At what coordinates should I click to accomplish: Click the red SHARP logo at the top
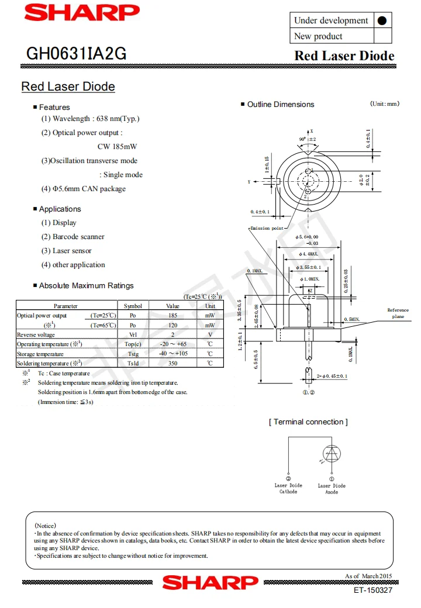pos(82,12)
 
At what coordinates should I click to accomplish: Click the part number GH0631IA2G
pos(76,54)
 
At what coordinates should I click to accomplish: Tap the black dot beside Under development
pos(382,20)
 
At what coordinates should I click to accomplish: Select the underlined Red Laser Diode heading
pos(68,87)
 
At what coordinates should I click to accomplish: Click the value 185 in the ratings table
pos(172,316)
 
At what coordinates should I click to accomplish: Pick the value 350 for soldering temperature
pos(172,363)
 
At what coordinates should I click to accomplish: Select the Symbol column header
pos(133,306)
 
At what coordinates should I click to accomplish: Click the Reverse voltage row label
pos(36,334)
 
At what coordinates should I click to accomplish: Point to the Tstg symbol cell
pos(133,354)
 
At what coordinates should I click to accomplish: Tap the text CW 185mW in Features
pos(117,147)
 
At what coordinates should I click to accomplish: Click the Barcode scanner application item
pos(73,237)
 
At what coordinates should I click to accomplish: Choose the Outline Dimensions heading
pos(281,105)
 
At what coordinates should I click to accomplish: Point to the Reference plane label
pos(398,313)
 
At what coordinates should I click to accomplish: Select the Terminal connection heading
pos(308,422)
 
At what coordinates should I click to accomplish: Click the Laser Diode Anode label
pos(332,489)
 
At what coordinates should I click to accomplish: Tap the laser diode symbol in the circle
pos(332,453)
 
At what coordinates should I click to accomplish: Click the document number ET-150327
pos(373,590)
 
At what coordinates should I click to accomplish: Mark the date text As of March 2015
pos(368,576)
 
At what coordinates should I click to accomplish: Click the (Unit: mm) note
pos(385,104)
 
